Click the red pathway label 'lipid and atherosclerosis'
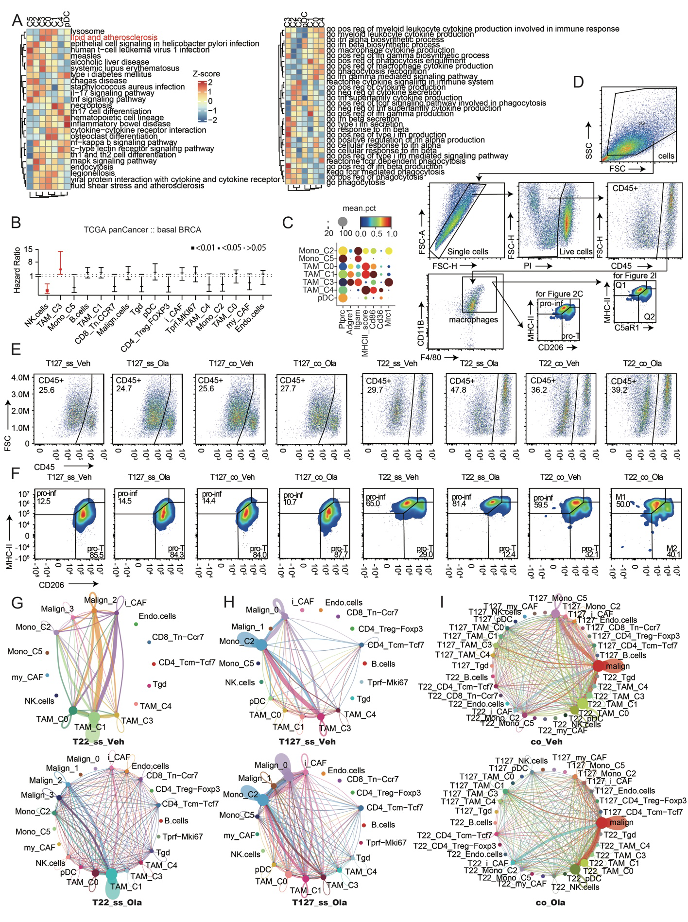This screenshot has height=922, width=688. pyautogui.click(x=114, y=37)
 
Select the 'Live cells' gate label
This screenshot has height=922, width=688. pyautogui.click(x=576, y=251)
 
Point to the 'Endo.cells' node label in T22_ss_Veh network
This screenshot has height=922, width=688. pyautogui.click(x=157, y=616)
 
